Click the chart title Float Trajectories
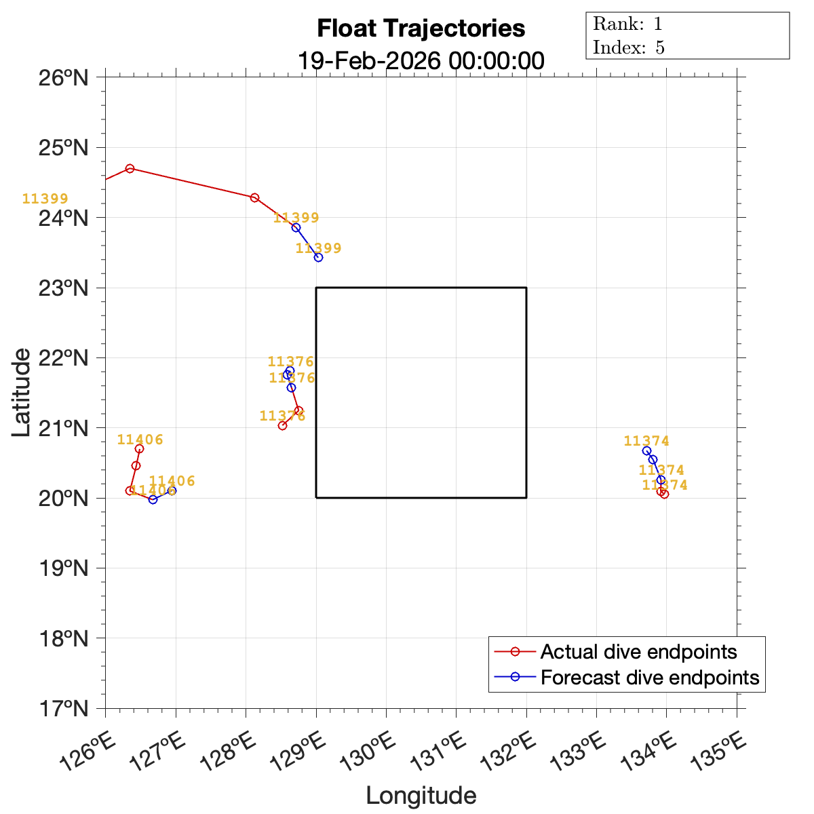click(421, 28)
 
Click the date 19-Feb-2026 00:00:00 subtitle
click(421, 60)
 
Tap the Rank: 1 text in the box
click(627, 24)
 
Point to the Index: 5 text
click(629, 47)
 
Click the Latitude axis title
click(22, 392)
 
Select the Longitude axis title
click(421, 796)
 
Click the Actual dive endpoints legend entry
click(638, 652)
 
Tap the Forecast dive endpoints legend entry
click(649, 677)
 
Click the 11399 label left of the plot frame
click(45, 199)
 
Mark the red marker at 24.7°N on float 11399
click(130, 168)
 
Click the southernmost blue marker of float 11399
click(318, 257)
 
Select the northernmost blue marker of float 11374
click(646, 451)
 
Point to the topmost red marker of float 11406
click(139, 448)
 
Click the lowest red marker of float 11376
click(282, 425)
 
